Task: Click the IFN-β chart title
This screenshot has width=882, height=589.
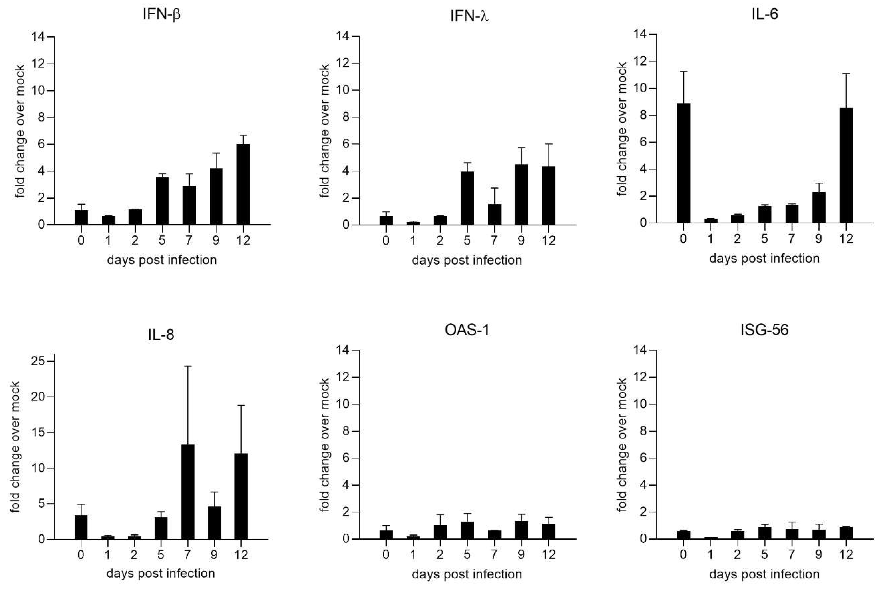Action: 161,14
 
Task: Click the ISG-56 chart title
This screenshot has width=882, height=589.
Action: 764,330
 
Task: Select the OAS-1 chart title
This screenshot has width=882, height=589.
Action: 467,330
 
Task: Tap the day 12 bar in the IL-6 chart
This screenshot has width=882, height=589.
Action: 846,165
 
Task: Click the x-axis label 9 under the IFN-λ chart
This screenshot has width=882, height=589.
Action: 521,240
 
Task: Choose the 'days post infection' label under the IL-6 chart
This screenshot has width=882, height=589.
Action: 764,258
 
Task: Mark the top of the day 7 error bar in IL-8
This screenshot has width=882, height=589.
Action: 188,366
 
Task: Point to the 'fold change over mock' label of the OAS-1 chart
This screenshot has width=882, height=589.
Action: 325,445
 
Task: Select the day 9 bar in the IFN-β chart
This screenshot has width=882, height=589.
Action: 216,196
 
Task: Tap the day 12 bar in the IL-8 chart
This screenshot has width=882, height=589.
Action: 241,496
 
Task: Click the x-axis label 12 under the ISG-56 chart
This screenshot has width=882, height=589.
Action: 846,555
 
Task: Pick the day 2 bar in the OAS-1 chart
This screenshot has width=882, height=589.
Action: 440,532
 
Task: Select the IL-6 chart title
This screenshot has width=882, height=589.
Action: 764,14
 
